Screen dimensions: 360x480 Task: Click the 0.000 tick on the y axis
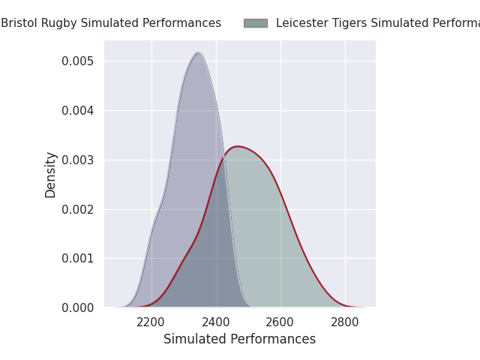point(79,307)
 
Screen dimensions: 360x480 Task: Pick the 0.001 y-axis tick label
point(79,258)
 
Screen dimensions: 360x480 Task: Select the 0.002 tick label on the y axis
point(79,209)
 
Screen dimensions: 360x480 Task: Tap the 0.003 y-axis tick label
point(79,160)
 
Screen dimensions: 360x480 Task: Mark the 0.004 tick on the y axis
point(79,110)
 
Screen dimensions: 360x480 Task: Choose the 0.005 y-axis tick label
point(79,61)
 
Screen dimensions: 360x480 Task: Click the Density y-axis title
point(51,175)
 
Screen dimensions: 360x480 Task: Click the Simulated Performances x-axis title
point(239,339)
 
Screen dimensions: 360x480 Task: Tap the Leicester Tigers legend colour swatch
point(255,23)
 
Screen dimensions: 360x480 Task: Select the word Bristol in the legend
point(17,23)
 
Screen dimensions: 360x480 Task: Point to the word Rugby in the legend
point(55,23)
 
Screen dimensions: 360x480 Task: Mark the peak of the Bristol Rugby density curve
point(198,52)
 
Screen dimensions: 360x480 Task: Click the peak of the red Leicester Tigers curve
point(238,146)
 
